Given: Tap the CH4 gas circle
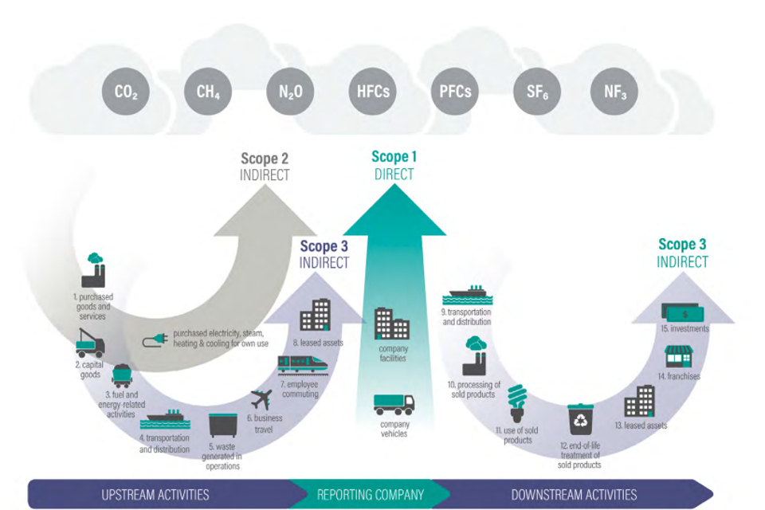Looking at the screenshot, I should click(208, 92).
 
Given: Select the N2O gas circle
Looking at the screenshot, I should click(290, 92).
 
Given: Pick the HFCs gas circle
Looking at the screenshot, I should click(372, 92).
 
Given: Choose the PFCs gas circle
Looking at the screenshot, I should click(454, 92).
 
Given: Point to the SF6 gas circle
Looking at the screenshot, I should click(535, 92).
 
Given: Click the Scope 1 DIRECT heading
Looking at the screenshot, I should click(394, 165).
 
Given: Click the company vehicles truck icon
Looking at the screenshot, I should click(394, 404).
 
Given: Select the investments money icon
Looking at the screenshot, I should click(685, 313).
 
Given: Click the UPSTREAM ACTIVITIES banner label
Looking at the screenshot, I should click(155, 495).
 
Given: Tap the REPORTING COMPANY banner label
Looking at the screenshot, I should click(367, 495).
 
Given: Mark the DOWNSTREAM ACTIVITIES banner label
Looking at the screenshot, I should click(574, 495).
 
